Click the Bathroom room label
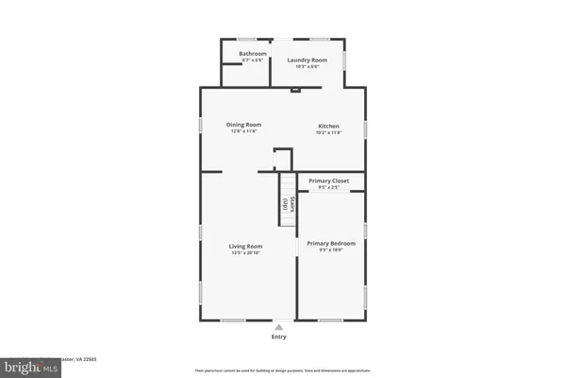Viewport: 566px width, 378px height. [x=252, y=54]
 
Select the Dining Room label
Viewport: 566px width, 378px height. [x=244, y=125]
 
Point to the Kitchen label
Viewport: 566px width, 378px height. [x=328, y=126]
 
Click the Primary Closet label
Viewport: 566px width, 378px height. [x=329, y=181]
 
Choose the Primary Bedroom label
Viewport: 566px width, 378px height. [x=330, y=243]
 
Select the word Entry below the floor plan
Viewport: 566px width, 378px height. [x=279, y=336]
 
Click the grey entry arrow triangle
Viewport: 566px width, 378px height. [x=278, y=326]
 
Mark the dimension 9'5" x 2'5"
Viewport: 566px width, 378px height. [x=329, y=187]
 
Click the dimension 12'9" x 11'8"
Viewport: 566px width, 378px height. [x=244, y=130]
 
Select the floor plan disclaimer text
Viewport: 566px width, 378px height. [x=283, y=370]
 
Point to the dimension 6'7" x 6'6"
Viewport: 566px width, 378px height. [x=252, y=60]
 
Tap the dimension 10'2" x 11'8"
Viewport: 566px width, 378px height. [x=328, y=131]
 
